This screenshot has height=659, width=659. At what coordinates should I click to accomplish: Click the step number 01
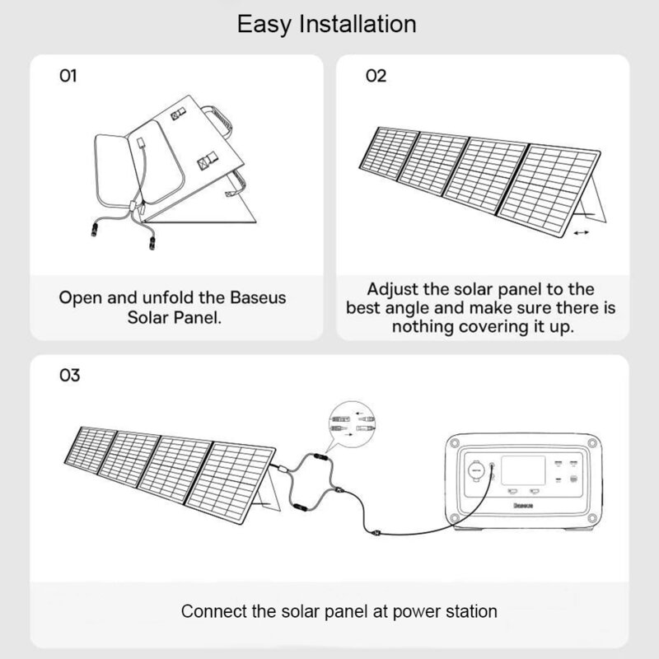68,76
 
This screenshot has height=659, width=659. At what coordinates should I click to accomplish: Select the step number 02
376,76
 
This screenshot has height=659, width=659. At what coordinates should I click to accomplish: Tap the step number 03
70,376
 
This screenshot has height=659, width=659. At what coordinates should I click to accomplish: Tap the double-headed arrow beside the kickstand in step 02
581,234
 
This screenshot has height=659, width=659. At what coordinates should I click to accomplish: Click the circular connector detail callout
350,423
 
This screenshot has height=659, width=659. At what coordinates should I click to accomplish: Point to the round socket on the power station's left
476,473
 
